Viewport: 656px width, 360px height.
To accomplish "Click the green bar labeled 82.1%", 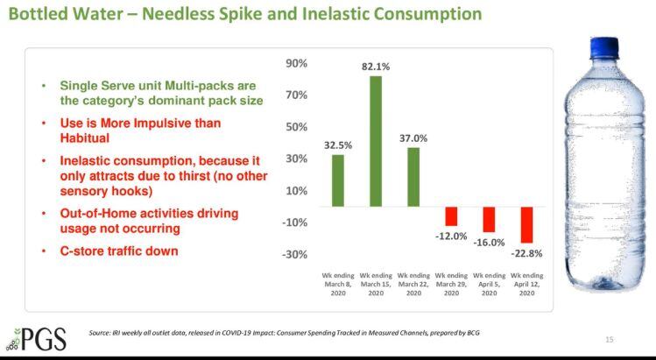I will coord(375,141).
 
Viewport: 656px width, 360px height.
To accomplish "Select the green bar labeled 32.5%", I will coord(337,180).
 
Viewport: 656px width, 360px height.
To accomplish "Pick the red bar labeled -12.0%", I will coord(451,216).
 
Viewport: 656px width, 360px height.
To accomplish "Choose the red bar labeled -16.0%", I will coord(489,219).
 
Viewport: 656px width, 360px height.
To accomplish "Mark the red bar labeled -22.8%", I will coord(526,225).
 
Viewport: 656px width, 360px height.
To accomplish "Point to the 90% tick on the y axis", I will coord(296,64).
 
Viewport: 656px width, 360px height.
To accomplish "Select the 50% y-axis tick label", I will coord(296,127).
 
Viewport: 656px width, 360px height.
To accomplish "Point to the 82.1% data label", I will coord(375,67).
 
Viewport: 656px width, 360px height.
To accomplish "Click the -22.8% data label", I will coord(526,254).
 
